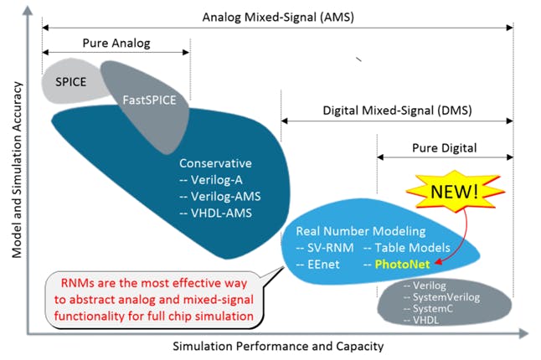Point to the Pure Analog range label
pyautogui.click(x=116, y=42)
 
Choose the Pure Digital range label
pyautogui.click(x=444, y=147)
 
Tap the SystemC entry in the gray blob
pyautogui.click(x=430, y=308)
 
